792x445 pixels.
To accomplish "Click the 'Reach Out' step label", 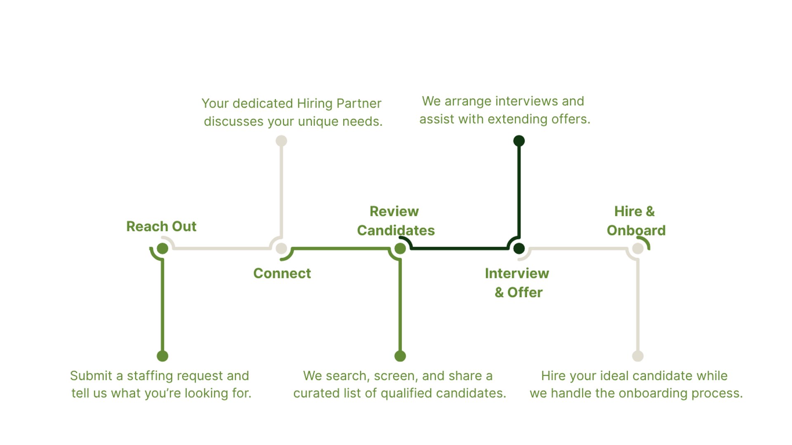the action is tap(161, 226).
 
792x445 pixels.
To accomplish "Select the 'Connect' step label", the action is tap(282, 273).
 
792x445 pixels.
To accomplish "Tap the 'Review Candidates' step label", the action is tap(396, 221).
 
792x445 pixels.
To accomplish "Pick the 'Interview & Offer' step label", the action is tap(517, 283).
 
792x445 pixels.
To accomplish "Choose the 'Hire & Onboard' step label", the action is tap(636, 221).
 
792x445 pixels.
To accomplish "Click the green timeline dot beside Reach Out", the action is tap(163, 248).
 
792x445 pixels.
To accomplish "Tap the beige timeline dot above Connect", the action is tap(281, 248).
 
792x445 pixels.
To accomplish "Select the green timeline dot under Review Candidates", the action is tap(400, 248).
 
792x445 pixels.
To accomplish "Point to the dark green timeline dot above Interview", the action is tap(519, 248).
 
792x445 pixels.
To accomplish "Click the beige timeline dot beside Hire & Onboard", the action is tap(638, 248).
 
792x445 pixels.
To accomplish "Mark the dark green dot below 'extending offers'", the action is tap(519, 141).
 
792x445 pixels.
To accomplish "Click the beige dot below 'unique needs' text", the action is tap(281, 141).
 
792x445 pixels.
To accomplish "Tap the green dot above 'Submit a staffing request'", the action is tap(163, 356).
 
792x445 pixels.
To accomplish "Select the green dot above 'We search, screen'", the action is tap(400, 356).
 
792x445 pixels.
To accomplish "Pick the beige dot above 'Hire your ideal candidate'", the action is tap(638, 356).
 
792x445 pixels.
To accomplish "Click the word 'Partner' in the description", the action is tap(359, 104).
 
